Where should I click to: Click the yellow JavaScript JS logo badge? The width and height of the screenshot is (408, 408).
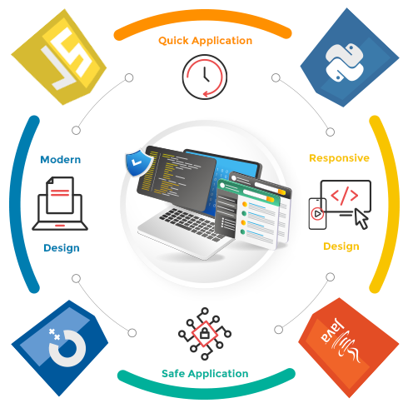coord(60,57)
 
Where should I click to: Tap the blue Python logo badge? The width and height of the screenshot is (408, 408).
coord(348,58)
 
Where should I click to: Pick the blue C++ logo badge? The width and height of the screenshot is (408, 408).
coord(60,347)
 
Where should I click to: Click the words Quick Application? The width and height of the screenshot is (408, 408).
coord(206,41)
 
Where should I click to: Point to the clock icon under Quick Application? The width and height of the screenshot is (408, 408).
coord(205,77)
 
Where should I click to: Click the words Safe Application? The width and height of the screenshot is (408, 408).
coord(205,374)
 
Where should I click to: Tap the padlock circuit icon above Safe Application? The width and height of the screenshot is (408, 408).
coord(205,333)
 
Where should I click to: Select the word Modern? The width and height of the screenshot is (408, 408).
coord(61,160)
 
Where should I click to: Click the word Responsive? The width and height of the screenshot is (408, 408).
coord(339,158)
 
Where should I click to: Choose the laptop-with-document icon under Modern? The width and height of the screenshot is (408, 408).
coord(60,203)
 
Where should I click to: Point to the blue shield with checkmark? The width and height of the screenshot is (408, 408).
coord(138,163)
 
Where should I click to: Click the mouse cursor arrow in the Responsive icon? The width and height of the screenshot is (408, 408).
coord(361,219)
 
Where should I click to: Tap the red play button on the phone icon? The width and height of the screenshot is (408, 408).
coord(317,214)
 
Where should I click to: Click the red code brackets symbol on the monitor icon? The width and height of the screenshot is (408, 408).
coord(345,196)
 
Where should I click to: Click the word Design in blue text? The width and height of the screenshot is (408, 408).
coord(62,248)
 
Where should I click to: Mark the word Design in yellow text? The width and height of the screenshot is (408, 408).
coord(341,246)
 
